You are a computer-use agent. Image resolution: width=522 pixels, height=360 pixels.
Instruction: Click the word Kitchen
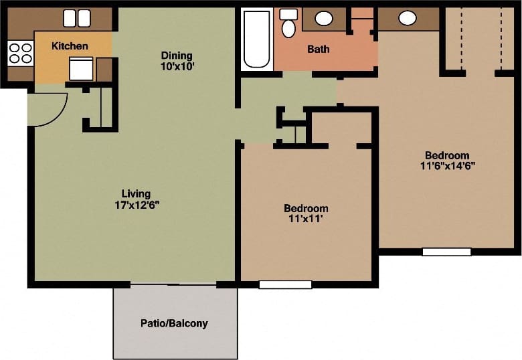70,46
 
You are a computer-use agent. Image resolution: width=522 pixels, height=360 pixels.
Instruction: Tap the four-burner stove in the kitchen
20,53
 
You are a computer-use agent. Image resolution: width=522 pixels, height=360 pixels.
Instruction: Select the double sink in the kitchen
77,18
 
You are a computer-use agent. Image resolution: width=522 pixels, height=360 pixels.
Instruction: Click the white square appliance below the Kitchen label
81,68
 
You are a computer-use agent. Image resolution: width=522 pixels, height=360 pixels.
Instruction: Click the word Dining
177,56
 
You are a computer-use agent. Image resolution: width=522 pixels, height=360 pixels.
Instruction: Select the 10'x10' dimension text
177,68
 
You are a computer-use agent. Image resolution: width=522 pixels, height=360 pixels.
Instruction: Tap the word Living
136,194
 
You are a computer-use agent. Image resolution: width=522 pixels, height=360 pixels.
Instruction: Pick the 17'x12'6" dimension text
137,205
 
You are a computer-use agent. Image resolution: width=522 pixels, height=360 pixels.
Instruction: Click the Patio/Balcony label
174,323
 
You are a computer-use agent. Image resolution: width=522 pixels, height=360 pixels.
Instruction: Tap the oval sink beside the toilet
324,19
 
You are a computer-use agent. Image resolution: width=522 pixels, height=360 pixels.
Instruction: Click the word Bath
318,49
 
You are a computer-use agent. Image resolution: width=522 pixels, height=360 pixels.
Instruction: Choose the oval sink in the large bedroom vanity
407,18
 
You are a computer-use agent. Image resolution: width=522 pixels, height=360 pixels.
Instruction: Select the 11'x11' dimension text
306,219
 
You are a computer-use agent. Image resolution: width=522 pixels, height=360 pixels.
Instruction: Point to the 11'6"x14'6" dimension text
447,167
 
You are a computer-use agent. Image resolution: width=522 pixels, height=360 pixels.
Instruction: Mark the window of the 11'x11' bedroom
285,284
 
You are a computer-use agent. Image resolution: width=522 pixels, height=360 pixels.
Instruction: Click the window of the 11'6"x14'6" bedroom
446,252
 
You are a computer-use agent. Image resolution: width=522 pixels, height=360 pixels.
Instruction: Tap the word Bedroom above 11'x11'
306,208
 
